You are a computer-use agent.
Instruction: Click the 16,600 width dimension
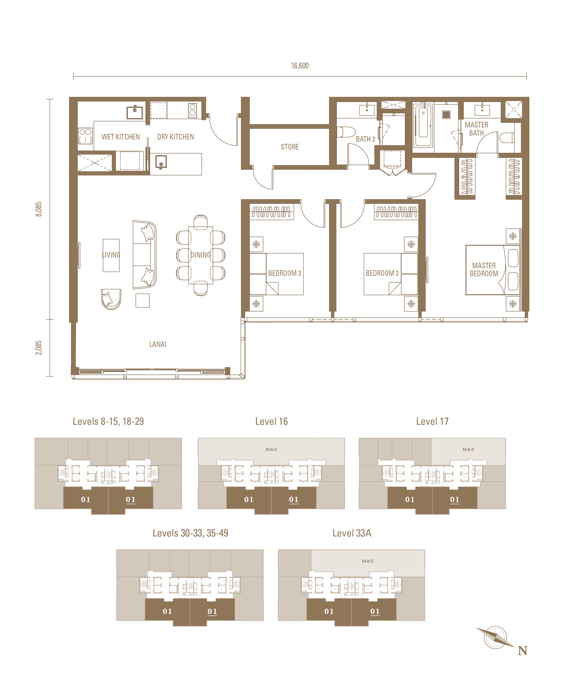click(300, 66)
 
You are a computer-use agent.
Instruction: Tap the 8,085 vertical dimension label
click(39, 209)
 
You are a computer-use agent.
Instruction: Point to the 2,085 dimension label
click(39, 347)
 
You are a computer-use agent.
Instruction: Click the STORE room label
click(290, 147)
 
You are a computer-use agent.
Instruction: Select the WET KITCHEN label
click(121, 137)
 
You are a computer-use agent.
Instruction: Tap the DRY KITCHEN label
click(175, 137)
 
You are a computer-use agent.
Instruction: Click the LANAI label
click(158, 344)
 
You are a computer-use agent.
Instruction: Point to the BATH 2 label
click(365, 139)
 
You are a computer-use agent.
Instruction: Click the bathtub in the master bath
click(423, 125)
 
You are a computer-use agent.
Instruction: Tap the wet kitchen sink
click(135, 112)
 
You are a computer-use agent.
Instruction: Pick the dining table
click(201, 255)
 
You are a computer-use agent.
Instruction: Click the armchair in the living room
click(111, 299)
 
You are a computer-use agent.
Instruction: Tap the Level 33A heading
click(352, 533)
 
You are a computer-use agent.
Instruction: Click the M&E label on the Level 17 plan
click(468, 450)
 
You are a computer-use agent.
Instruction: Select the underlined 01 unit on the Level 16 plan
click(294, 500)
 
